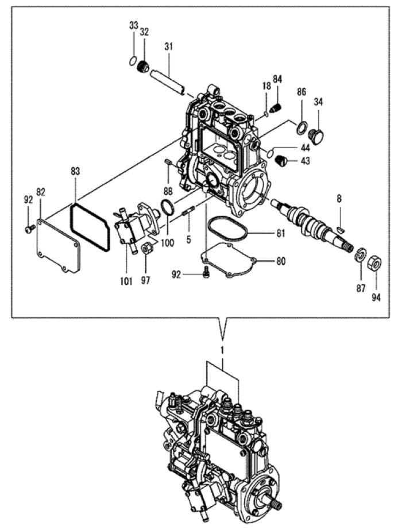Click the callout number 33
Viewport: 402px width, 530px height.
[134, 25]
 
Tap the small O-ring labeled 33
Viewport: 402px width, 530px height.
[133, 61]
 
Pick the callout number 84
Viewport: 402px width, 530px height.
[277, 79]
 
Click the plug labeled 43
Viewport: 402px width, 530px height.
[280, 161]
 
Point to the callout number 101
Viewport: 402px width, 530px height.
[126, 281]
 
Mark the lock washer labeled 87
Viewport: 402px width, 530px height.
[361, 254]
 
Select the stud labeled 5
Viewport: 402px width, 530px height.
[188, 212]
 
